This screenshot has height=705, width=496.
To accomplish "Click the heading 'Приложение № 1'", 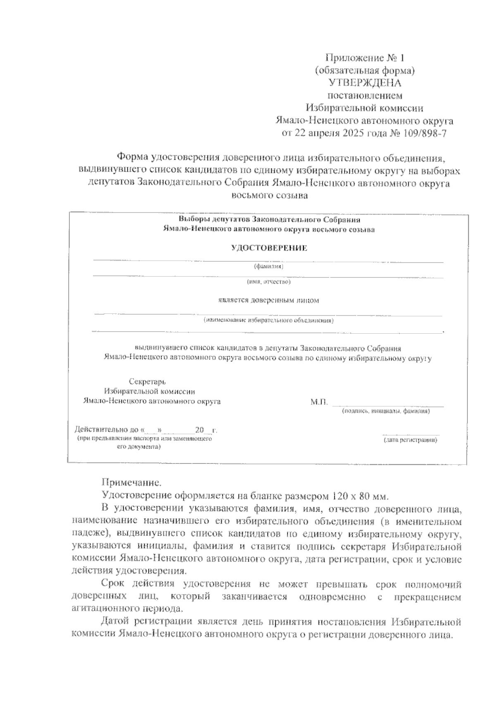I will pos(364,57).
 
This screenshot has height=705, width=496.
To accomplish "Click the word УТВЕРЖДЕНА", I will pos(364,83).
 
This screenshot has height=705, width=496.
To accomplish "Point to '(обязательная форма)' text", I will pos(364,70).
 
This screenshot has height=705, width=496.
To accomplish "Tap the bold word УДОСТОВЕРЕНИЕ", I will pos(269,248).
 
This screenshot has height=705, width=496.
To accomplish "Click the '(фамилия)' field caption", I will pos(269,267).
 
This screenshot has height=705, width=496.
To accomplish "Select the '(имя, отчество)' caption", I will pos(269,282).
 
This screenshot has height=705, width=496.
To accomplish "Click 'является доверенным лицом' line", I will pos(269,300).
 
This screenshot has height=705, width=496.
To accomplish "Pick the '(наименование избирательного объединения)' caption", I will pos(269,320).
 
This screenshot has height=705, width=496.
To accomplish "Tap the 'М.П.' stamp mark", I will pos(319,401).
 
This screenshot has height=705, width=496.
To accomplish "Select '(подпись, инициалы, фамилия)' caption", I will pos(386,411).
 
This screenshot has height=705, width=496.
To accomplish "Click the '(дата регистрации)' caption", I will pos(410,440).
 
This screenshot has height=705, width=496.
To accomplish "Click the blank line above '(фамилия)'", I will pos(269,261).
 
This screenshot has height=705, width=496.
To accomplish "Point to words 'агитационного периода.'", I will pos(126,609).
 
